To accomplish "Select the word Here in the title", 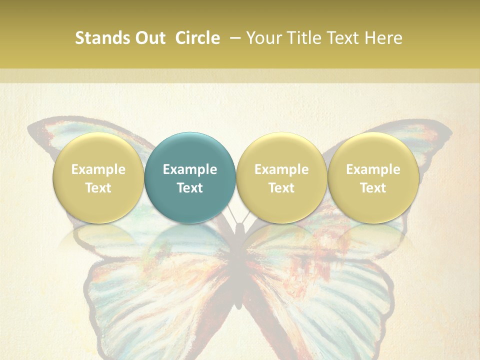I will coord(384,38).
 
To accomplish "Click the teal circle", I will coord(190,177).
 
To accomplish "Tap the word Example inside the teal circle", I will coord(190,169).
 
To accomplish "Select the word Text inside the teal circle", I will coord(190,188).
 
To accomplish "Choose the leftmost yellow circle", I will coord(98,177).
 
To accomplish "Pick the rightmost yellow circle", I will coord(373,177).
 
